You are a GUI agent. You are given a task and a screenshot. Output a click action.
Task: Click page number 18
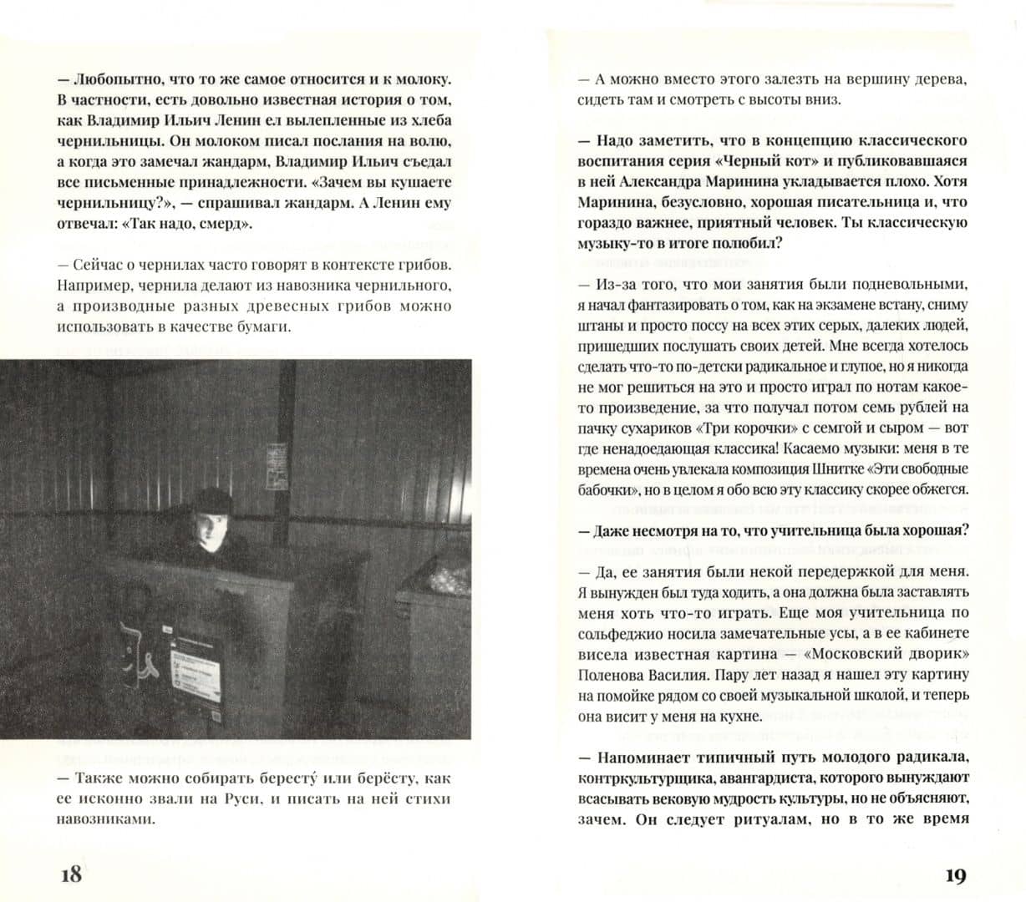[71, 874]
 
